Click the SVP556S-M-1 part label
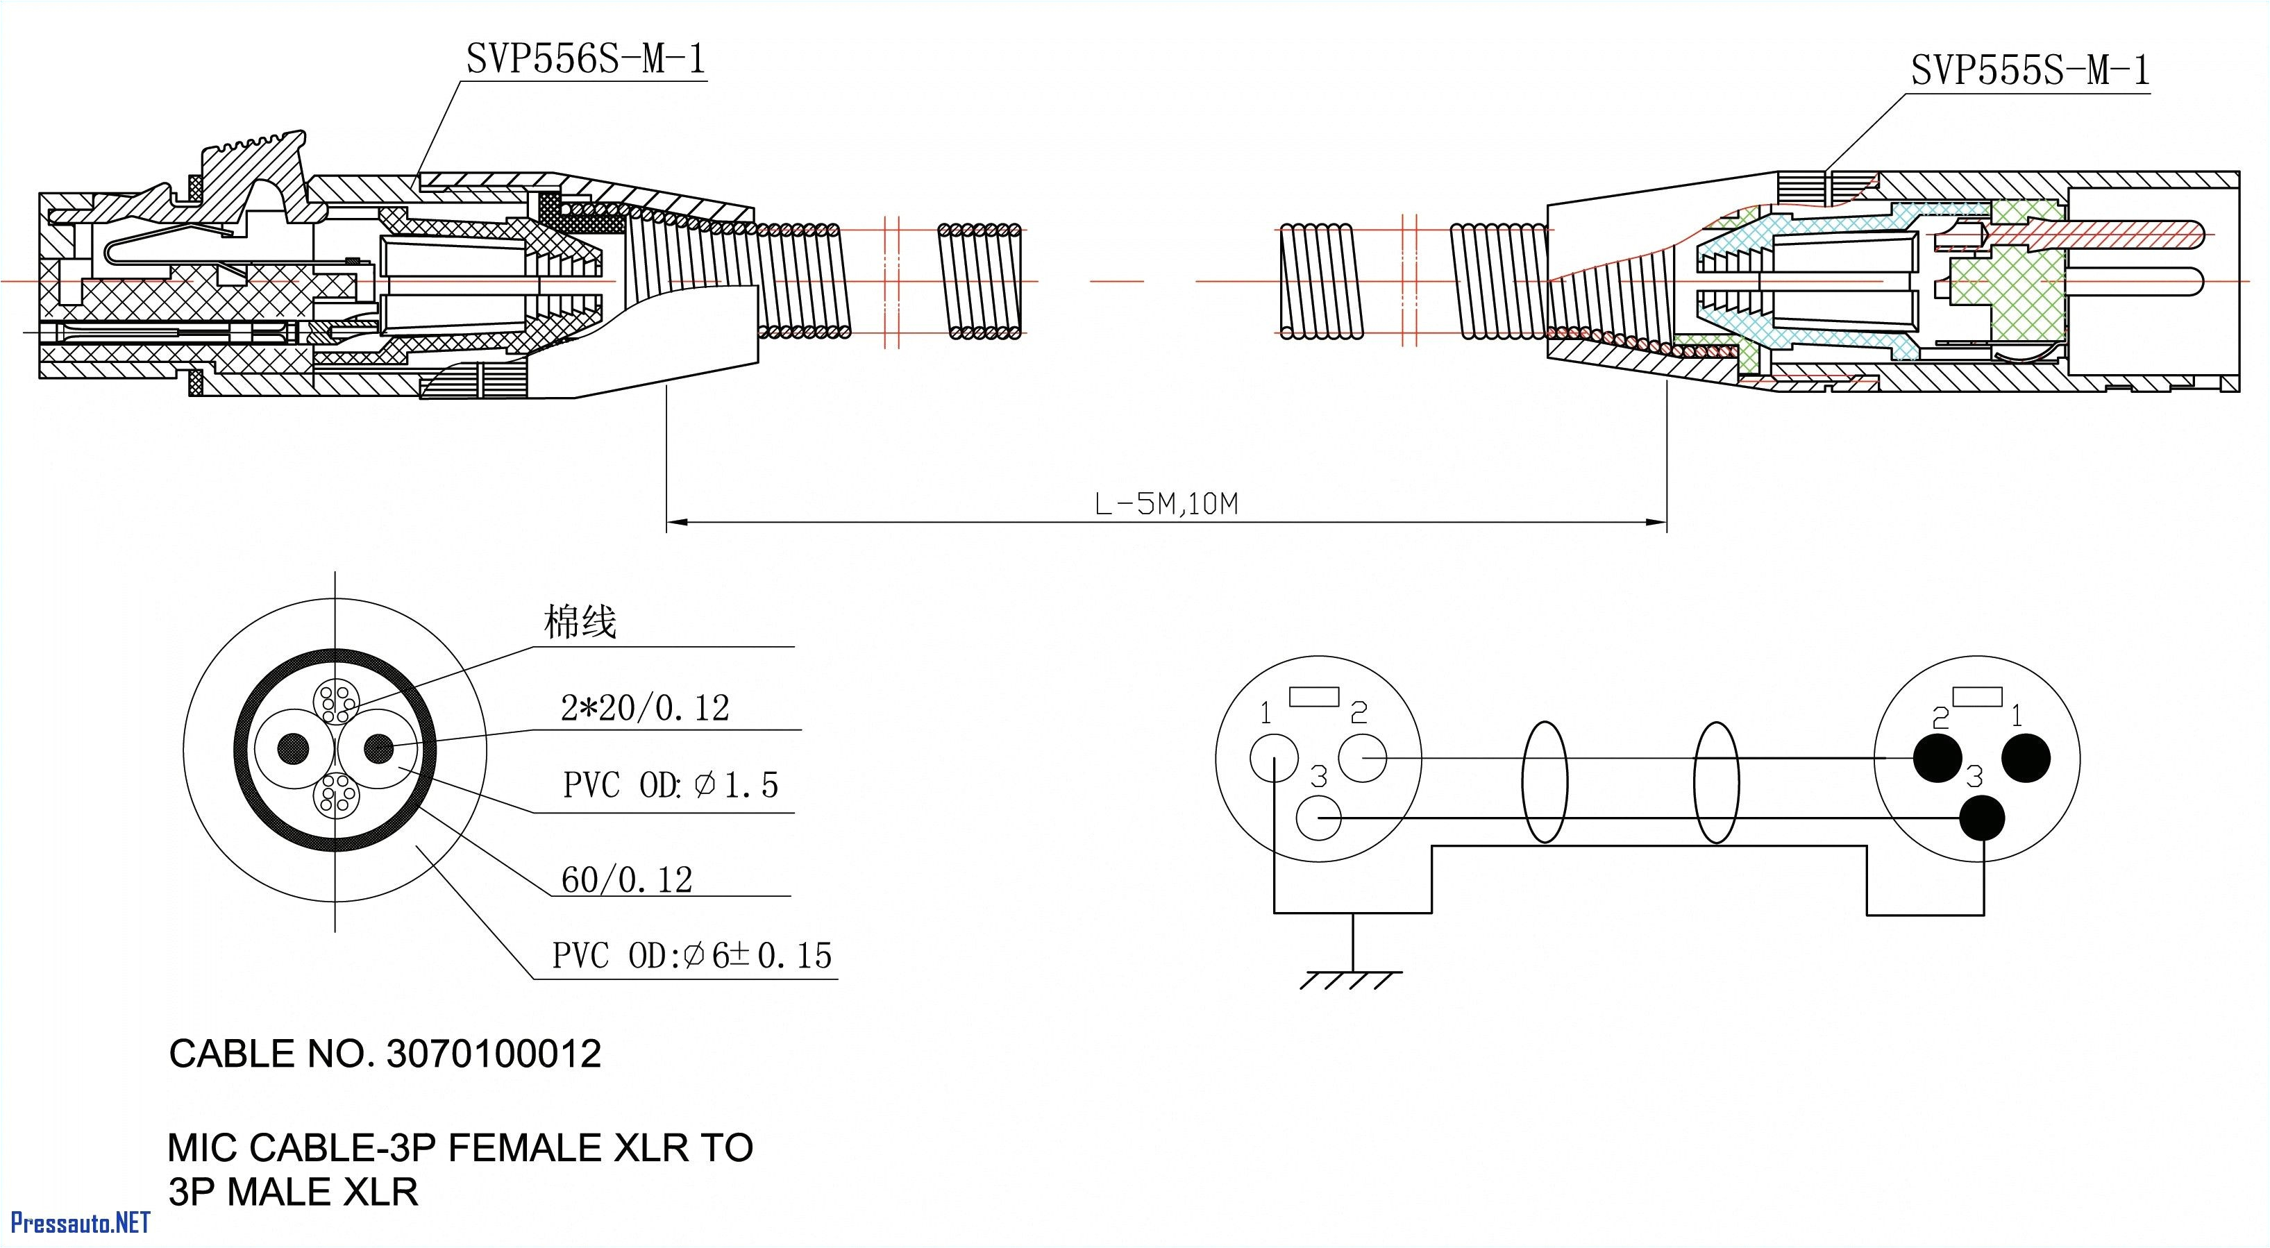[585, 60]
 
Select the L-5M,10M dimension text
[1166, 504]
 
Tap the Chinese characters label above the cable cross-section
[580, 622]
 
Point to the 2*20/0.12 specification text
[645, 708]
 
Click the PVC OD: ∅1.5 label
[671, 784]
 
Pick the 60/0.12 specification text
[627, 879]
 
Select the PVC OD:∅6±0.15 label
[691, 955]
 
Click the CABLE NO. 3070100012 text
[385, 1054]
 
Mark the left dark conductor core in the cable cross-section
[294, 749]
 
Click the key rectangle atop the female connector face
[1314, 696]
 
